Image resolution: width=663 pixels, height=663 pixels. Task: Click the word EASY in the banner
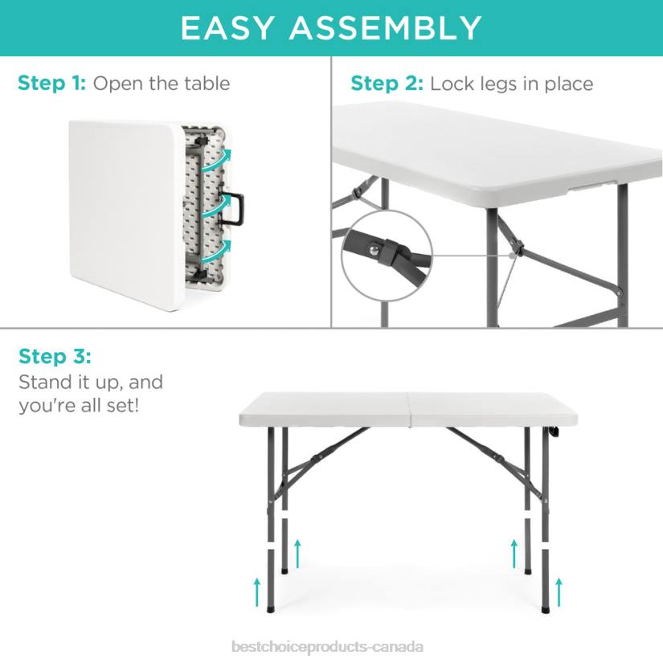coord(228,28)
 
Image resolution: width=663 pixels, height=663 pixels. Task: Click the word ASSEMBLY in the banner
coord(386,28)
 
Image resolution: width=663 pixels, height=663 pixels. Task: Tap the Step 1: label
coord(52,84)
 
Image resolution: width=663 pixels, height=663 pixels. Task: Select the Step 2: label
coord(387,84)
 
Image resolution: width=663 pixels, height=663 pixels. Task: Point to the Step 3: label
coord(55,356)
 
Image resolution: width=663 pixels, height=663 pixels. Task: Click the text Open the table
coord(162,84)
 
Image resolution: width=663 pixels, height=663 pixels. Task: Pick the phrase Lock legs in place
coord(511,84)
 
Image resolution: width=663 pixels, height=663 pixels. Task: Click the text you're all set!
coord(79,404)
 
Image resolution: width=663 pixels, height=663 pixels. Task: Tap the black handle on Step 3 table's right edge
coord(554,432)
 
